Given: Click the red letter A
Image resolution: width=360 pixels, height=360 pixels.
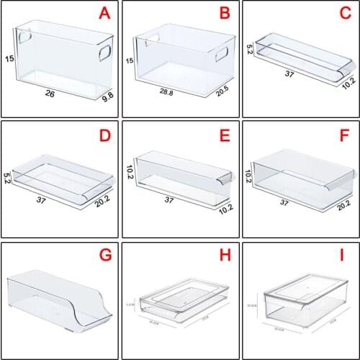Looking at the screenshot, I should pos(105,14).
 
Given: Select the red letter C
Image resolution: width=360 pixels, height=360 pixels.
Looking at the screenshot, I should pos(344,14).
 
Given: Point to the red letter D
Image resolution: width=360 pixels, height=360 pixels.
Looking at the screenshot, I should pos(105,135).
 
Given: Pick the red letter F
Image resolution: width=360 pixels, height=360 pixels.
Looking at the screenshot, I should pos(344,135).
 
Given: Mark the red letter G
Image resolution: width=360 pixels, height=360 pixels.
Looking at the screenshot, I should pos(105,256).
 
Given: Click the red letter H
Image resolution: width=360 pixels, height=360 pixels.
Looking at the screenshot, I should pos(225,256).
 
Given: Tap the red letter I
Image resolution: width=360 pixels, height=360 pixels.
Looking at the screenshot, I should pos(344,256).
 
